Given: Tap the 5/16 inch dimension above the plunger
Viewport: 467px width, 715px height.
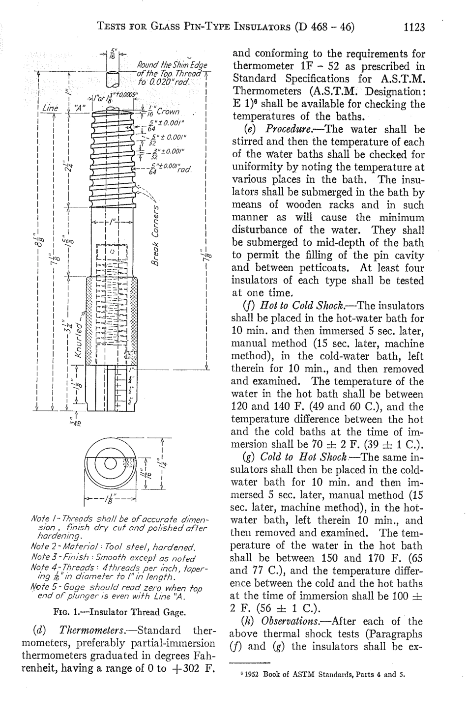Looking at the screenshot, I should [114, 53].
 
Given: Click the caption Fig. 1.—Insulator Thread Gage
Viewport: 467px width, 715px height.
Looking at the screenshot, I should [116, 612].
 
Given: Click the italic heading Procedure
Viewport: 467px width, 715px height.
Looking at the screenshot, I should [286, 130].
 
